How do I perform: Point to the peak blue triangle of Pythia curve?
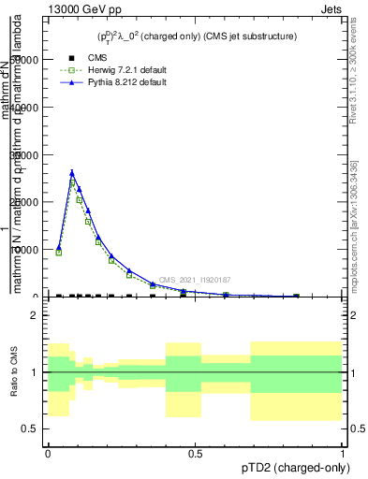click(x=72, y=172)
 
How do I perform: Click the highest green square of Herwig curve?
click(x=72, y=182)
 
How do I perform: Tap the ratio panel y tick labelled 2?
click(x=34, y=315)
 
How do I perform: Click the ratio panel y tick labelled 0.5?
click(x=31, y=428)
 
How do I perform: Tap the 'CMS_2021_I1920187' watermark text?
click(x=194, y=280)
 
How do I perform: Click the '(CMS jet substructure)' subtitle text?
click(x=244, y=36)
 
